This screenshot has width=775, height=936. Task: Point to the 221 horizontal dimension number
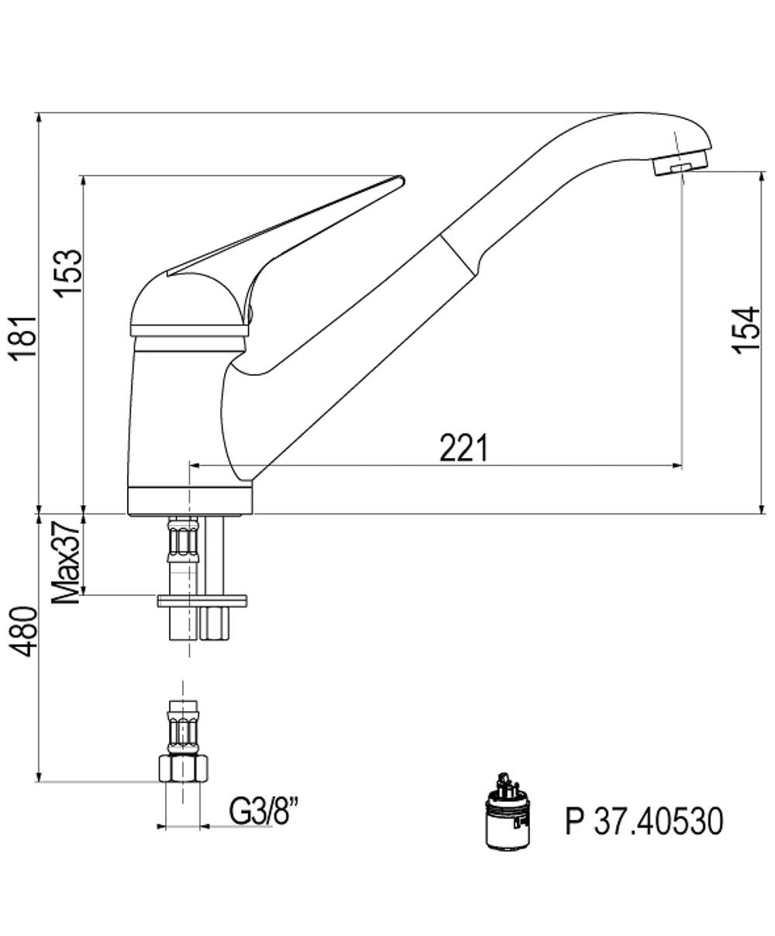463,447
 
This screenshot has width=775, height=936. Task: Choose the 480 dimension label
23,631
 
